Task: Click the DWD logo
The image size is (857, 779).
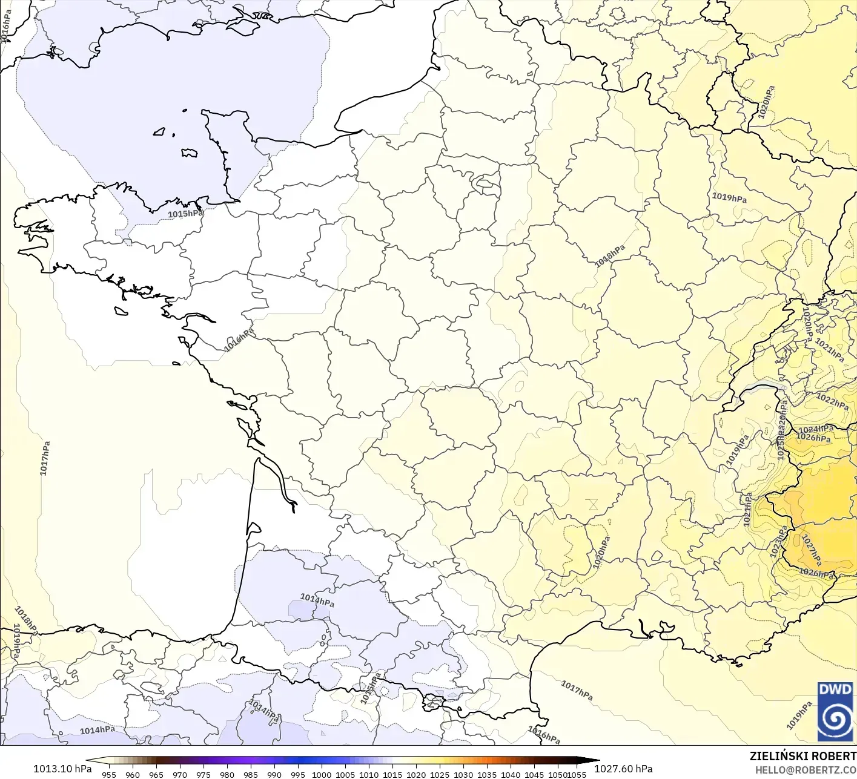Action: (835, 711)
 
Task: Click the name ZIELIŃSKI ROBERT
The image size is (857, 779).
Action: (802, 756)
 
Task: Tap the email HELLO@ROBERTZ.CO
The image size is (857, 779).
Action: (805, 769)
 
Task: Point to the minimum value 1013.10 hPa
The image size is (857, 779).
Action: (62, 769)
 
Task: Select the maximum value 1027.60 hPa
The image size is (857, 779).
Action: (623, 769)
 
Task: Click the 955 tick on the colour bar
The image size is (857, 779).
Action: (109, 774)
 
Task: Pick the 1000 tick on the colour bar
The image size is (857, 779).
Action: (322, 774)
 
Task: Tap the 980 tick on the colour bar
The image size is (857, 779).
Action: (227, 774)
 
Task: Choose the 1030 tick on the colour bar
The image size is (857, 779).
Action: (463, 774)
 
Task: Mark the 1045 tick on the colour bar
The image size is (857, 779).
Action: (534, 774)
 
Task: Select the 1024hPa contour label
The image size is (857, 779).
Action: (816, 429)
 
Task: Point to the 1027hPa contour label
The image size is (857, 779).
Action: (811, 548)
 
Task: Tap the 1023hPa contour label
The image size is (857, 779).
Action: (779, 541)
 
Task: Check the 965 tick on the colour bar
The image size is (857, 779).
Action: (156, 774)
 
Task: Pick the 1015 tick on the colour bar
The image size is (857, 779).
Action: (392, 774)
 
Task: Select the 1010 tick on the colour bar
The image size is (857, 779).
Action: (369, 774)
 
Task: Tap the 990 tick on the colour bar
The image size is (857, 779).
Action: (274, 774)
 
